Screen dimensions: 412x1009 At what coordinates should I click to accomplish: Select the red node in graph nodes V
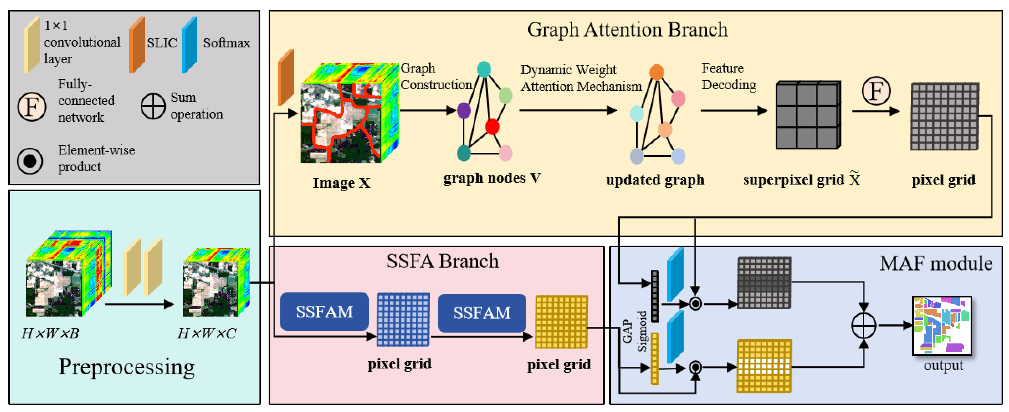click(x=492, y=127)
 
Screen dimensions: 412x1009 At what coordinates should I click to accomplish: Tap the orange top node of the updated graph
click(x=657, y=72)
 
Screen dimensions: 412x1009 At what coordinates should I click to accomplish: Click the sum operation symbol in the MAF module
click(x=863, y=325)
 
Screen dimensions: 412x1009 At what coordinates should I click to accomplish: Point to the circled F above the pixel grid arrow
click(x=876, y=91)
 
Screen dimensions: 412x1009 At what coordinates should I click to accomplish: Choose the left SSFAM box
click(x=324, y=312)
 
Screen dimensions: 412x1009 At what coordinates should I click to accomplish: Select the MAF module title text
click(x=936, y=264)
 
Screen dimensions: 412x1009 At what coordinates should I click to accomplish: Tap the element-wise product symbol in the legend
click(x=30, y=161)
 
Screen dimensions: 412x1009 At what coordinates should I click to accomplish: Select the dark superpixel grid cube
click(x=808, y=115)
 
